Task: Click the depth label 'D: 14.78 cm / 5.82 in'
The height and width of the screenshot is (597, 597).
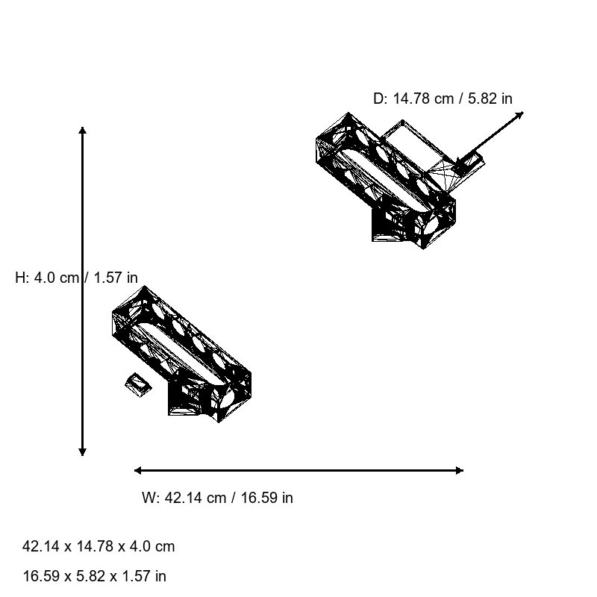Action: tap(443, 99)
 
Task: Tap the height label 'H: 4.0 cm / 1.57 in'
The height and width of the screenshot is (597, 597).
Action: tap(76, 278)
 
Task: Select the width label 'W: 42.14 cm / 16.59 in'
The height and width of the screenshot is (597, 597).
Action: tap(217, 498)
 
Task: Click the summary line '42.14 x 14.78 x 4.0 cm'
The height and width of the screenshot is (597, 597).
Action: tap(99, 546)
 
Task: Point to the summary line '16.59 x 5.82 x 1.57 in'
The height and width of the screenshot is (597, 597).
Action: tap(95, 576)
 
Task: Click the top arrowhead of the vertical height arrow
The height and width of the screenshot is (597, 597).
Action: tap(82, 131)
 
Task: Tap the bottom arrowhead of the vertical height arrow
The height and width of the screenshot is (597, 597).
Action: tap(82, 451)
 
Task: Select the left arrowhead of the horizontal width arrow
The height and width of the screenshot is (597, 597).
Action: tap(138, 470)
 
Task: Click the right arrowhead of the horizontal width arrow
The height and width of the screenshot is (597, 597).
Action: tap(459, 470)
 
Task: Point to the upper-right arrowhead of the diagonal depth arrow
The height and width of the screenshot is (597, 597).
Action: tap(519, 115)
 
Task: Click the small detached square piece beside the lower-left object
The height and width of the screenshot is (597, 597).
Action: tap(137, 384)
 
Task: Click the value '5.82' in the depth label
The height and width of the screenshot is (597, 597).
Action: tap(483, 99)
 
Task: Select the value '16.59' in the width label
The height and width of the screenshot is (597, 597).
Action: tap(257, 498)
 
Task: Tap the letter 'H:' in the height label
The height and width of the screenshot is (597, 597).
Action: tap(22, 278)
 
